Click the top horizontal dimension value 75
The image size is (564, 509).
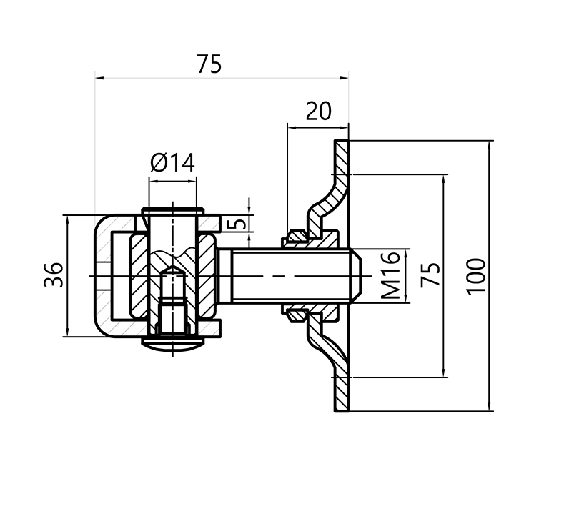point(209,64)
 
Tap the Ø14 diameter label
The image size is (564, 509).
point(172,164)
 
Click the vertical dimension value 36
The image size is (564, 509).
point(54,275)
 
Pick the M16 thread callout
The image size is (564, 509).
point(390,276)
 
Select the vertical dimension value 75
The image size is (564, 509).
point(430,275)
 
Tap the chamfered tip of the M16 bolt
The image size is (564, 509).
point(356,275)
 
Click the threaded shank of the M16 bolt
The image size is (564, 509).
point(286,275)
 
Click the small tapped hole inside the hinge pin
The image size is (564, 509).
point(172,300)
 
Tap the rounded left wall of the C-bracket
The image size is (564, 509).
point(102,275)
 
